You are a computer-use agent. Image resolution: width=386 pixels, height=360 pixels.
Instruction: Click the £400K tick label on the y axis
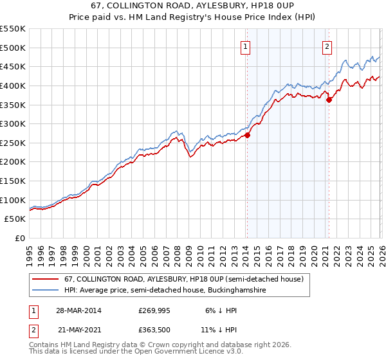pos(13,85)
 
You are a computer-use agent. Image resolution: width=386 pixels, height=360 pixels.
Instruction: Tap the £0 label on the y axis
pos(21,238)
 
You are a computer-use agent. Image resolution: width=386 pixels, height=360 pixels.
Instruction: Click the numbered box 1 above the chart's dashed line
pos(246,46)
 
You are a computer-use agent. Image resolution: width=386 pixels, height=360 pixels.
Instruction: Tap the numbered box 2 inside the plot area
pos(327,46)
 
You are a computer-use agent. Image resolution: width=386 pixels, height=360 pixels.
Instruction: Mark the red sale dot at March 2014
pos(247,135)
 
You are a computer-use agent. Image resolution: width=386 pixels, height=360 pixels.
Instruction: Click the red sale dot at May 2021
pos(329,100)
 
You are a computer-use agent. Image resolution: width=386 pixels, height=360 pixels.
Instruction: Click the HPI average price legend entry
pos(165,291)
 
